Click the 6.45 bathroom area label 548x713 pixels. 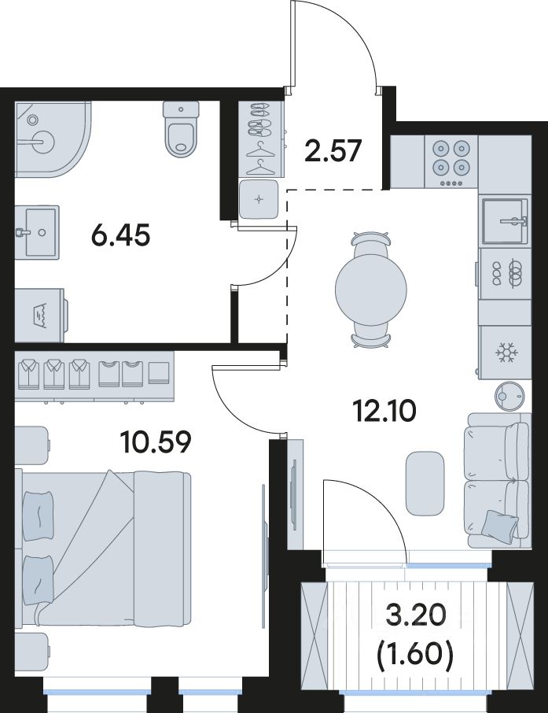coord(120,236)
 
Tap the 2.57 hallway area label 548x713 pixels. coord(333,150)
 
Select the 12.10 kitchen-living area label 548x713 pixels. coord(384,412)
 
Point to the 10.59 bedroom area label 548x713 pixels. coord(156,442)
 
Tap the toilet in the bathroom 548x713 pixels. coord(182,129)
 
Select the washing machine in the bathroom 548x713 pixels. coord(40,314)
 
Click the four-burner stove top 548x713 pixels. coord(451,162)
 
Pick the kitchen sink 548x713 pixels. coord(506,221)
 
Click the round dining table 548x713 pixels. coord(371,289)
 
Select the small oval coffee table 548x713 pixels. coord(425,483)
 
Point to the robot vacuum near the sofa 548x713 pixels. coord(509,396)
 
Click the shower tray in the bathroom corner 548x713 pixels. coord(53,139)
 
